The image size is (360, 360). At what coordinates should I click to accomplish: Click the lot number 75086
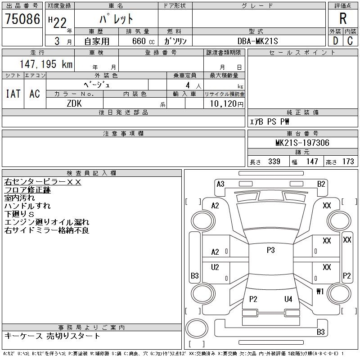point(22,19)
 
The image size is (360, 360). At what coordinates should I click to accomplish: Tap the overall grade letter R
point(343,19)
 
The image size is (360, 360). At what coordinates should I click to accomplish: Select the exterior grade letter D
point(335,40)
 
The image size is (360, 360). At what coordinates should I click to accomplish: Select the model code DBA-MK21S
point(256,41)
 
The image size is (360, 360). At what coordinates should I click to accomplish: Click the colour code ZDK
point(75,103)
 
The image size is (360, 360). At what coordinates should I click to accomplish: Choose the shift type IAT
point(13,94)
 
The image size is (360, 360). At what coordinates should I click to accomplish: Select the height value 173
point(348,162)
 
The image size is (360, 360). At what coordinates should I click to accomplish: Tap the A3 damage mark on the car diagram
point(220,184)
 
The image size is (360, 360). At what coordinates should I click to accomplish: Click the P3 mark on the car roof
point(270,250)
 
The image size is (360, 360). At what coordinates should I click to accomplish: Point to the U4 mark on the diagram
point(288,299)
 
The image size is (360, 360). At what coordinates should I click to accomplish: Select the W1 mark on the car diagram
point(320,291)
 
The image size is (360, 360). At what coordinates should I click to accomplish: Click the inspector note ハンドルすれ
point(27,206)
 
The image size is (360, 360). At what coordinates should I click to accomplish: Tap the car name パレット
point(116,19)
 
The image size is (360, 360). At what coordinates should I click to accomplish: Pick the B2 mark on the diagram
point(321,184)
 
